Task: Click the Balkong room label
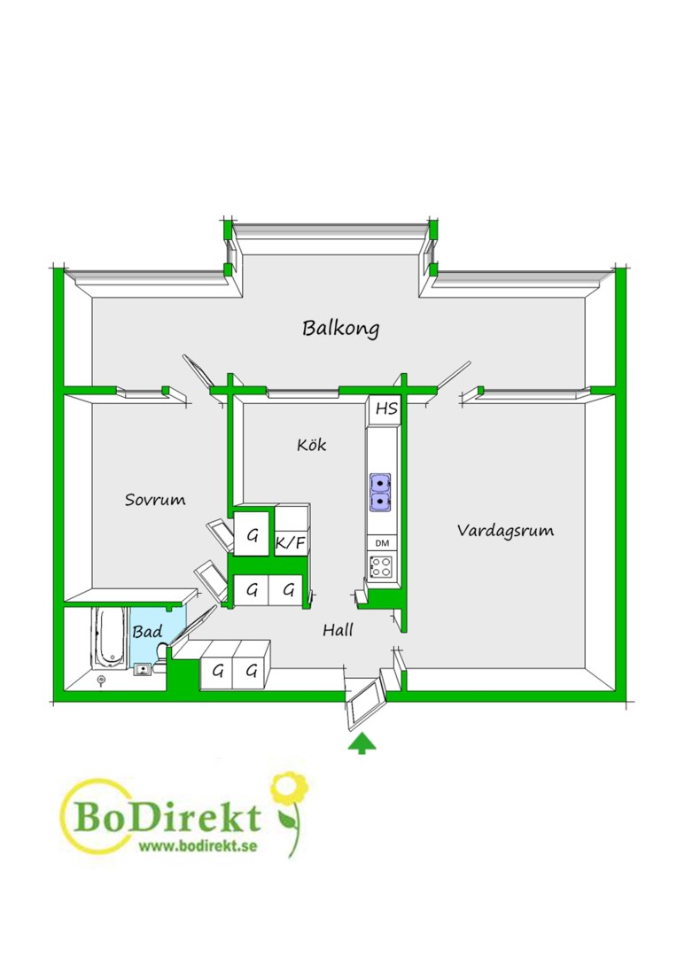(340, 328)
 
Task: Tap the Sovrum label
(155, 500)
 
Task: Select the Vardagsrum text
(505, 531)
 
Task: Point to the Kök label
(311, 444)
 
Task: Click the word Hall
(338, 630)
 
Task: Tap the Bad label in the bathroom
(147, 632)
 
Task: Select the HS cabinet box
(385, 408)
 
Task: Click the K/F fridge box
(292, 542)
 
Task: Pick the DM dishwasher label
(382, 543)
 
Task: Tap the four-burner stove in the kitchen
(382, 567)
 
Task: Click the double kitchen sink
(380, 492)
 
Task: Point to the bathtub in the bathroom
(110, 637)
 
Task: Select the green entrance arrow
(362, 744)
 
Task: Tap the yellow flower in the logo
(289, 789)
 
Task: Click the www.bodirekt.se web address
(198, 846)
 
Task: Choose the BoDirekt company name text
(168, 818)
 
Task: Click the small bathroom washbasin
(143, 670)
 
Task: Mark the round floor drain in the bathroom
(101, 679)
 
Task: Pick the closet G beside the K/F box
(253, 536)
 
